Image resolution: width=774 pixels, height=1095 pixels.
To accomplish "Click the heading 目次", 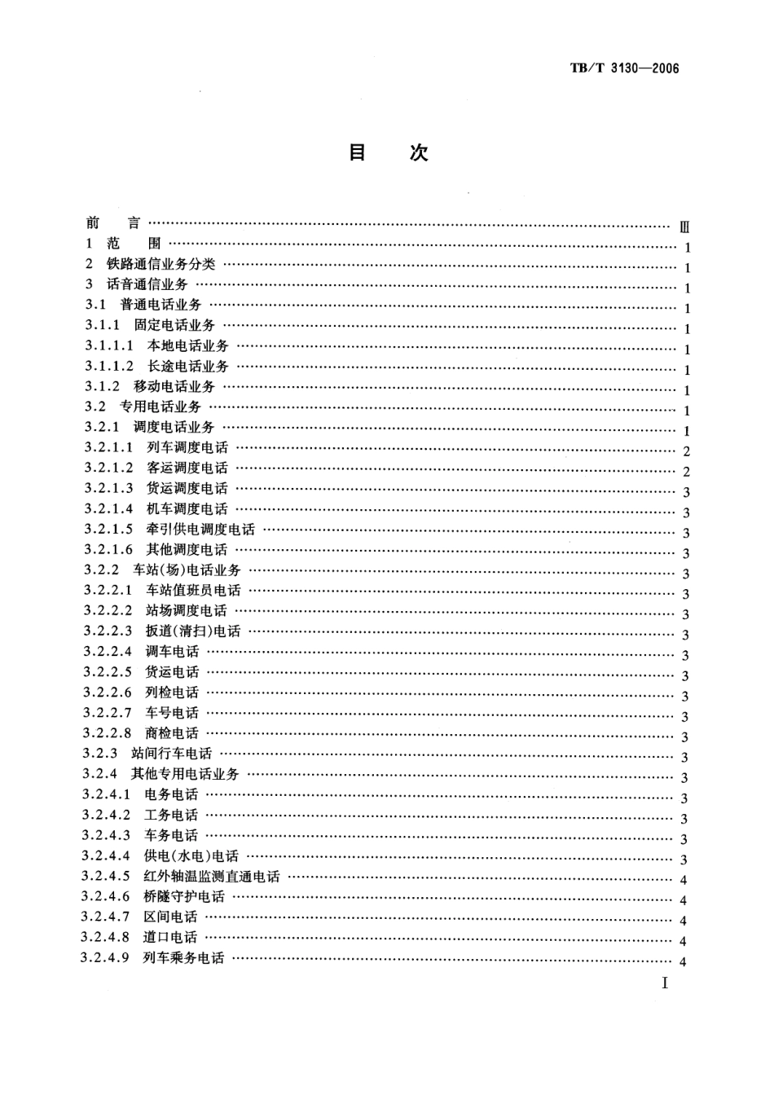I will coord(388,153).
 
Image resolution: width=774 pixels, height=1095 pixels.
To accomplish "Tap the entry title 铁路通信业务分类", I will coord(161,265).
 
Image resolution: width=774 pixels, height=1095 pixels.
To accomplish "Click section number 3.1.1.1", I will coord(109,346).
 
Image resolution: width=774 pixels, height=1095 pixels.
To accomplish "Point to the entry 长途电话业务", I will coord(188,367).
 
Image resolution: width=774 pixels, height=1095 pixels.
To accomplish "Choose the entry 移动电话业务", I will coord(174,387).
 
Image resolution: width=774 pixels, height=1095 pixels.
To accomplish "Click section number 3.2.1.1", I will coord(108,448).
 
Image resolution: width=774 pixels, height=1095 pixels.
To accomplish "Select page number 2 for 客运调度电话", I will coord(687,472).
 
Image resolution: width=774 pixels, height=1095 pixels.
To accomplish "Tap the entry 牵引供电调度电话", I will coord(200,530).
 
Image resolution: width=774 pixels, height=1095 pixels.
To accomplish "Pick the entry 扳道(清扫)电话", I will coord(193,631).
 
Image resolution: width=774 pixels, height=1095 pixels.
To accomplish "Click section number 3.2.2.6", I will coord(108,693).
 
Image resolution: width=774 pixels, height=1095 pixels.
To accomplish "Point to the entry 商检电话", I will coord(172,733).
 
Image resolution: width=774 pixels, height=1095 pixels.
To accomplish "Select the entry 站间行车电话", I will coord(171,754).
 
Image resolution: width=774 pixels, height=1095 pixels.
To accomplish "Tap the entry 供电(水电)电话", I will coord(191,856).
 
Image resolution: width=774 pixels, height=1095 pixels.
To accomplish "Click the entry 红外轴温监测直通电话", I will coord(212,877).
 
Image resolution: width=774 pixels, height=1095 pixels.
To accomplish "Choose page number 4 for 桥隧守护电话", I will coord(684,900).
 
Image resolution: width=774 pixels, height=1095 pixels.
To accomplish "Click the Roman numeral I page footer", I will coord(665,983).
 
